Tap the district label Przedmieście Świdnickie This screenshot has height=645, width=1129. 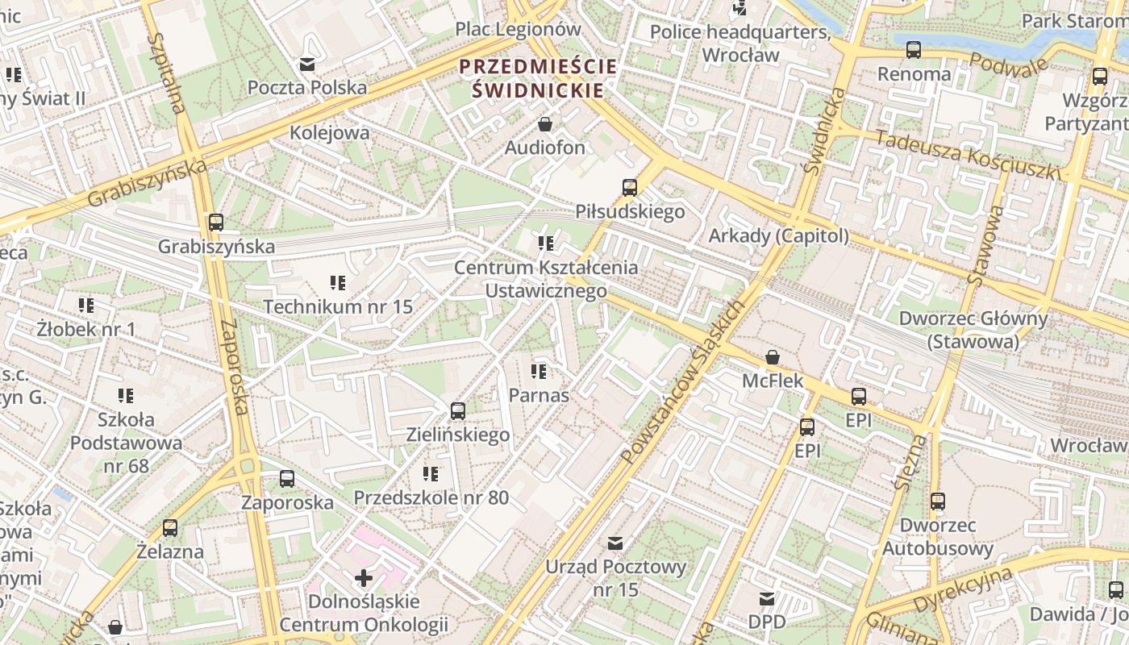(538, 78)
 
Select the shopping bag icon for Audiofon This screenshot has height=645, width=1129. (545, 124)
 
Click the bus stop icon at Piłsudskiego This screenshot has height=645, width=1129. (630, 188)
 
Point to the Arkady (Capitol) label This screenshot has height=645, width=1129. (778, 235)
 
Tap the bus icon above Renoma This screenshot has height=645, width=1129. (914, 50)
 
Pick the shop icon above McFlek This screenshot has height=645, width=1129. (773, 356)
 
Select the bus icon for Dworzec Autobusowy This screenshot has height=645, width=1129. (937, 501)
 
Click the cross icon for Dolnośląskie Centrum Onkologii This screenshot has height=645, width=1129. (364, 577)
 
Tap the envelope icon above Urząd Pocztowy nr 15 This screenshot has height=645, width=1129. (616, 543)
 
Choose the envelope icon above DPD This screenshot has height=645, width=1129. (766, 599)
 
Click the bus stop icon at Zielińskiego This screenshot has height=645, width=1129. (458, 411)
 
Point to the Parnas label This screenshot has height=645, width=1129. (539, 395)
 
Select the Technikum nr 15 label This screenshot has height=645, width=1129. (338, 306)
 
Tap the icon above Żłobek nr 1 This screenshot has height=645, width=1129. (86, 306)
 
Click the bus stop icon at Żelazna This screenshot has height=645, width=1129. (170, 528)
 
